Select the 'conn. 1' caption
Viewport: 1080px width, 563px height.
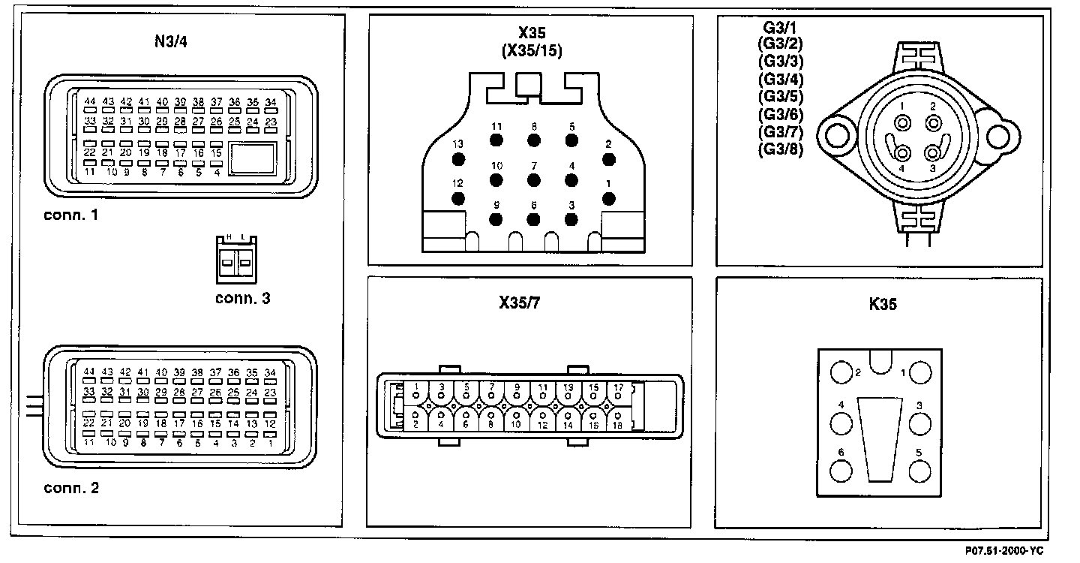pyautogui.click(x=71, y=215)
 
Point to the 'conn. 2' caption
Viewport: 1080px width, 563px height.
pyautogui.click(x=71, y=489)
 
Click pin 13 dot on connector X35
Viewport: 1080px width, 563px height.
pyautogui.click(x=457, y=159)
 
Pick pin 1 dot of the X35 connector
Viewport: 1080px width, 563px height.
pyautogui.click(x=609, y=198)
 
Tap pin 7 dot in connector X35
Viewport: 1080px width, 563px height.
pyautogui.click(x=534, y=179)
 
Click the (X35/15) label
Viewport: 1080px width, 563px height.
pyautogui.click(x=532, y=51)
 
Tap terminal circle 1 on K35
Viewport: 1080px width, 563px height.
pyautogui.click(x=919, y=372)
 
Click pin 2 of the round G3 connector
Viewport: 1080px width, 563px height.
pyautogui.click(x=933, y=123)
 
